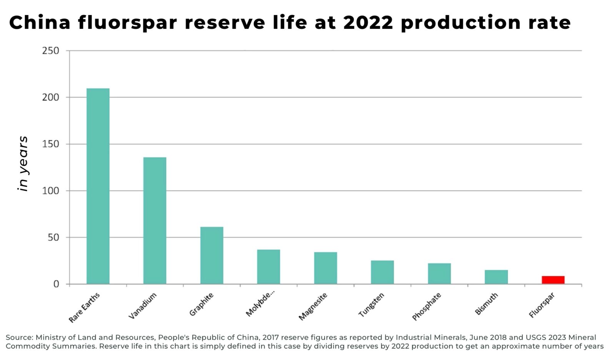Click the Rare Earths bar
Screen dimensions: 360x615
coord(98,186)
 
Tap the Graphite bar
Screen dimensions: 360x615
coord(211,255)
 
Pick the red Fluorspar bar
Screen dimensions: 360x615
coord(553,280)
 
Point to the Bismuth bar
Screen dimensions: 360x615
coord(496,277)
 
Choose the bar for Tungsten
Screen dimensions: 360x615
coord(382,272)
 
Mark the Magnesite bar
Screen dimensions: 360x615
coord(325,268)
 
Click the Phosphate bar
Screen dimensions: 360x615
coord(439,273)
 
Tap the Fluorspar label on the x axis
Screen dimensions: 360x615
coord(542,305)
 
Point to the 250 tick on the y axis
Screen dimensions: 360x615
coord(51,51)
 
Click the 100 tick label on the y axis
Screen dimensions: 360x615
coord(51,191)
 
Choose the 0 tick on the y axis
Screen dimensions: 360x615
coord(56,284)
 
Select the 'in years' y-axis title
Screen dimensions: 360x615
coord(23,163)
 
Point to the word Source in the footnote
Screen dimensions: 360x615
coord(19,337)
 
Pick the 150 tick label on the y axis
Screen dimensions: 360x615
coord(51,144)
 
